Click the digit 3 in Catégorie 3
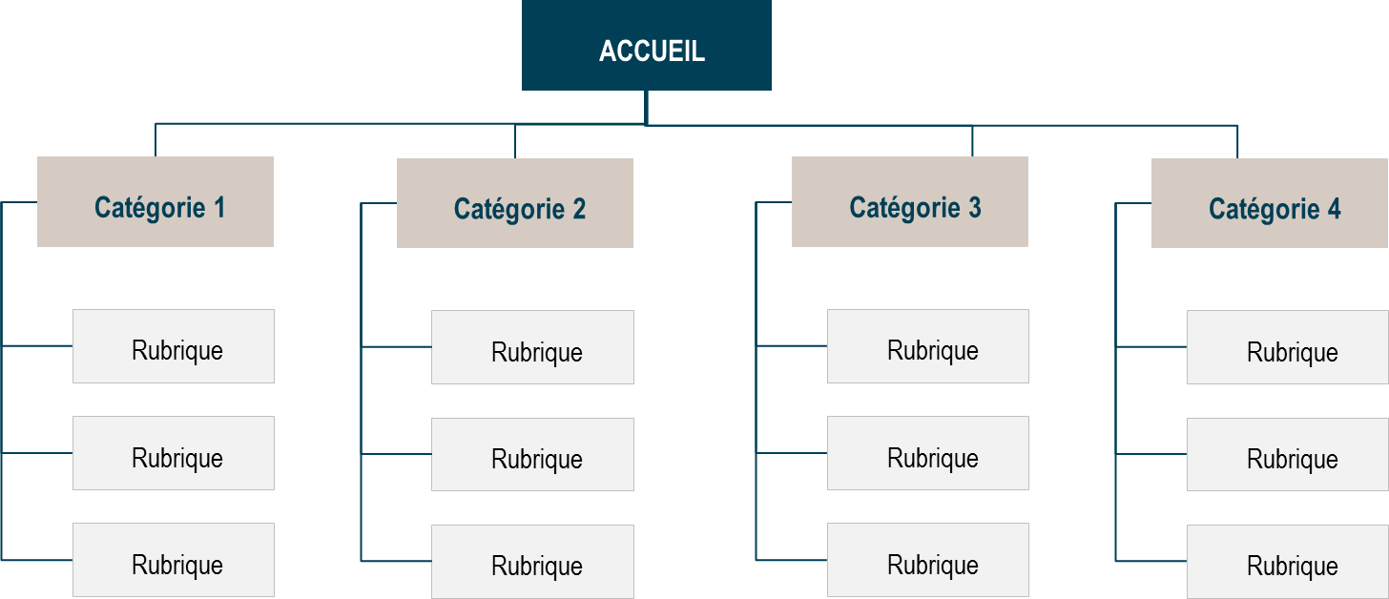point(974,207)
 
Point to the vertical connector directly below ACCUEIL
point(646,107)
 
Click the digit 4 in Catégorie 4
point(1333,209)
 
